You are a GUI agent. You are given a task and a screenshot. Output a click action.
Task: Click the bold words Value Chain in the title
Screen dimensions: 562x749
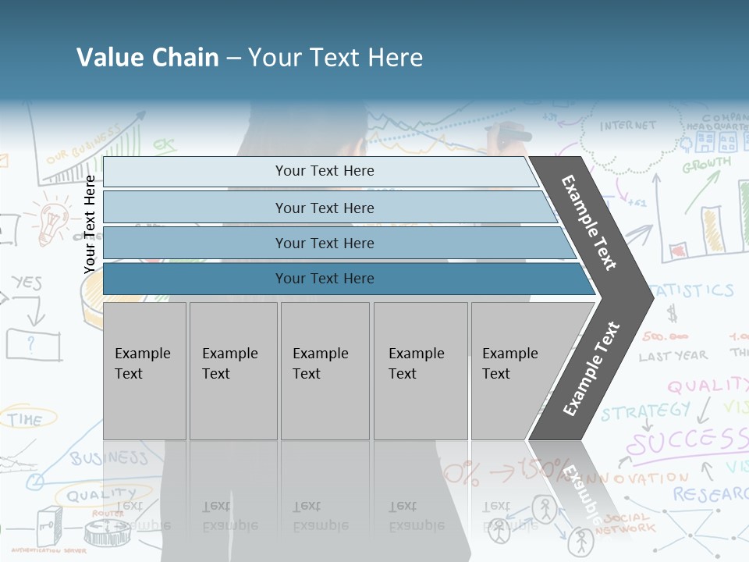[x=147, y=58]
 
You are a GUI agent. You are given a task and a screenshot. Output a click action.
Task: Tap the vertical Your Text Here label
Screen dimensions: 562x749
[x=90, y=224]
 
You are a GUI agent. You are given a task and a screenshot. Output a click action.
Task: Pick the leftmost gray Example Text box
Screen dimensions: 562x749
[x=144, y=370]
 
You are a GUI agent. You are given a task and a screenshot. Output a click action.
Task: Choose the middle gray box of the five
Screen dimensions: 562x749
[x=325, y=370]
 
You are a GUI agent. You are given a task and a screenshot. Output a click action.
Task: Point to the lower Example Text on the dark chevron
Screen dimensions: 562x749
[x=591, y=368]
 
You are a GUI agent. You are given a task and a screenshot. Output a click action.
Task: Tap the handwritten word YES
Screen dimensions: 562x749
[x=27, y=283]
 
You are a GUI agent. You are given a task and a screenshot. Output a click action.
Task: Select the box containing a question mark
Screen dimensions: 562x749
[x=33, y=343]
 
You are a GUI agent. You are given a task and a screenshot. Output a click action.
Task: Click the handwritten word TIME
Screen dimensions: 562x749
[x=26, y=419]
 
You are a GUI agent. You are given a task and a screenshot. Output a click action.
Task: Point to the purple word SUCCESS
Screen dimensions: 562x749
[x=687, y=441]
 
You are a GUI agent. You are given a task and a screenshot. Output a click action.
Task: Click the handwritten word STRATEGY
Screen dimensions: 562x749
[x=645, y=411]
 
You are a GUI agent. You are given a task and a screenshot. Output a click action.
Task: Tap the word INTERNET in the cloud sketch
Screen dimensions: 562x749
[x=628, y=126]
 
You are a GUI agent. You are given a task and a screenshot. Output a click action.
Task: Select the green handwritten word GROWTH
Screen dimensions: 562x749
[x=707, y=165]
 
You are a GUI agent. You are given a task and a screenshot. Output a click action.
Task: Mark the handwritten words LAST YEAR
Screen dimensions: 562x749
[x=673, y=356]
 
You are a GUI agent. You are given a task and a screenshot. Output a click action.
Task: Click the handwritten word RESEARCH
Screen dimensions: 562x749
[x=710, y=494]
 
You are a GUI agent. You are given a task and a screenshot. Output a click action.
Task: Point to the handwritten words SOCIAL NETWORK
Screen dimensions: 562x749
[x=628, y=523]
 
